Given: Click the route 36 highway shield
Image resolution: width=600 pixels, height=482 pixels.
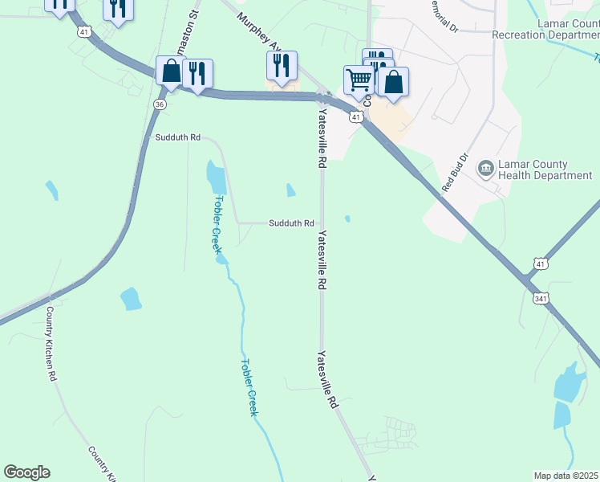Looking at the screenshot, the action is [x=160, y=104].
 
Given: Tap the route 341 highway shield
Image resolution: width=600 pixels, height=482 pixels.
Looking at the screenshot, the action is [x=540, y=299].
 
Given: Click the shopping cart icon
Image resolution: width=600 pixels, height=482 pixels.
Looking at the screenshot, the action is [x=359, y=80].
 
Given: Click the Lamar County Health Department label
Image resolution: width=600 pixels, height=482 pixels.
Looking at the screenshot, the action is [x=545, y=170].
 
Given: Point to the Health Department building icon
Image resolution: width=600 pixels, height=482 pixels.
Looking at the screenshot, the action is [x=485, y=169].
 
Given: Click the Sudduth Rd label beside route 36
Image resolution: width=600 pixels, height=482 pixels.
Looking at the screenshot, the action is [x=178, y=137].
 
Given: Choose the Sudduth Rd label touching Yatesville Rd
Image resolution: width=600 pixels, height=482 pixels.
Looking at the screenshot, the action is [x=291, y=223].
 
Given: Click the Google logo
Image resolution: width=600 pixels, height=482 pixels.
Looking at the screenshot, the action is [x=26, y=472].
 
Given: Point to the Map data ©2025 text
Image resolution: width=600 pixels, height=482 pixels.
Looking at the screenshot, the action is [x=566, y=476].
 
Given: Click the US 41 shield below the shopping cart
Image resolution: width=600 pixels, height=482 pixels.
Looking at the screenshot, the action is [x=356, y=117].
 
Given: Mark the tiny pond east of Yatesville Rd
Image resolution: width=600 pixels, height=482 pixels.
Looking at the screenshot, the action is [x=347, y=219].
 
